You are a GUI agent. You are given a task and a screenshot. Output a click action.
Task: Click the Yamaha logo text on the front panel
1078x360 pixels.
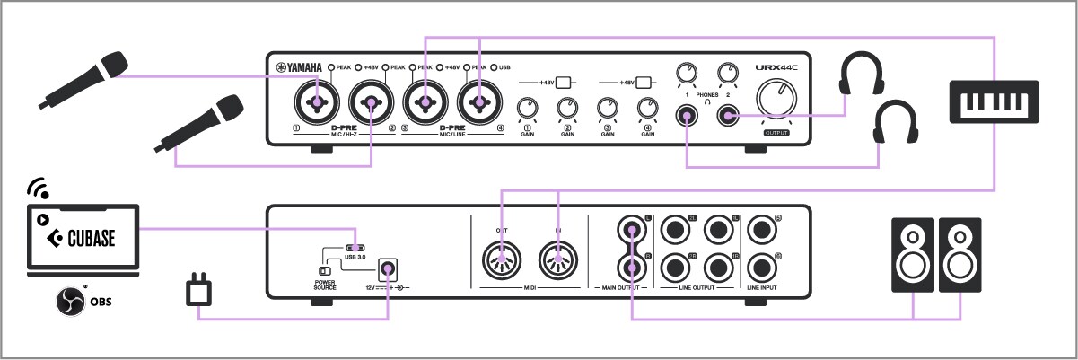[302, 67]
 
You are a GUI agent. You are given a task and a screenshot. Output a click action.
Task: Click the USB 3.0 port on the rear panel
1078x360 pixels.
[355, 248]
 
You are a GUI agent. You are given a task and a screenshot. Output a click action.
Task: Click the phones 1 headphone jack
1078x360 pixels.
[688, 116]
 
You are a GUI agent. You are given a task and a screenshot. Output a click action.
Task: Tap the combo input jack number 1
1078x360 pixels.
[315, 103]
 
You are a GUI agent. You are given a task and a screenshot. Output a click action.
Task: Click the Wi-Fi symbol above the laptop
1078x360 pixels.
[37, 188]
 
